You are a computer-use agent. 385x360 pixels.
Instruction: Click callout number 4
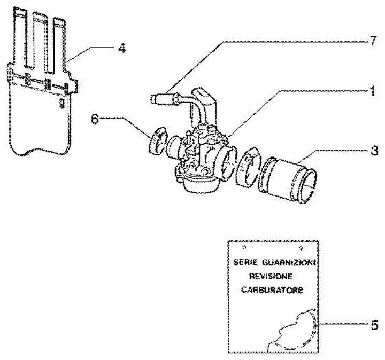click(122, 48)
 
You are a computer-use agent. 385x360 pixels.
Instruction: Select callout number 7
click(373, 41)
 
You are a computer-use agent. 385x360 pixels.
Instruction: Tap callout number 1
click(373, 91)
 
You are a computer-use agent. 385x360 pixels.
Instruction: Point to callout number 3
click(374, 150)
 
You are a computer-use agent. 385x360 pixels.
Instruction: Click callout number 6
click(95, 120)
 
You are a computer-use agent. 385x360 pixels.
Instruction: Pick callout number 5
click(374, 325)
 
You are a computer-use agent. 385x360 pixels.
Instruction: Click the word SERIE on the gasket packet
click(245, 262)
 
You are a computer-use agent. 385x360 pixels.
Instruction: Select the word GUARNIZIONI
click(289, 263)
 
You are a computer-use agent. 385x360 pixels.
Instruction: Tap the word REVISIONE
click(271, 276)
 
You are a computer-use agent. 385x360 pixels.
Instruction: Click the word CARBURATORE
click(272, 290)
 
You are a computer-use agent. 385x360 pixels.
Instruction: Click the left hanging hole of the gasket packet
click(244, 247)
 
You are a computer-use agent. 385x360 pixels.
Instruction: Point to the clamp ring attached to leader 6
click(158, 141)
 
